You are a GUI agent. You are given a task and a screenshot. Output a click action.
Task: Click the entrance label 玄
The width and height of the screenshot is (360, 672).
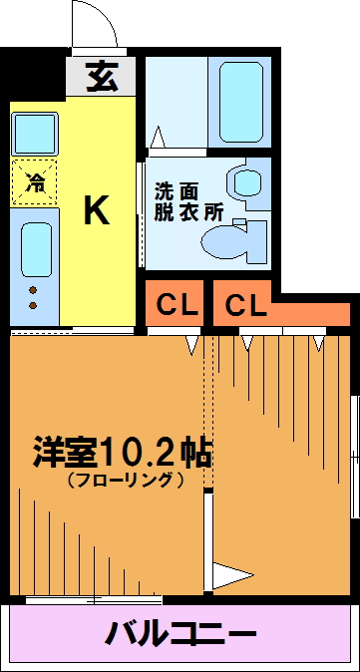[x=102, y=77]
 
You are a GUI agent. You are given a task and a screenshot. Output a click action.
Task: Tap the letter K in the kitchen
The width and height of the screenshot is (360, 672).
[x=97, y=209]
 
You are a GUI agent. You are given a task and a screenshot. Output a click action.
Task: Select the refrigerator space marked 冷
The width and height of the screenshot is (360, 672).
[x=34, y=182]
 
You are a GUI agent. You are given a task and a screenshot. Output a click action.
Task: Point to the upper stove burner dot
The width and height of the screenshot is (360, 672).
[x=33, y=290]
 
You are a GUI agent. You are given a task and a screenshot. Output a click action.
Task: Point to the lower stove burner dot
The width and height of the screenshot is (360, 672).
[x=33, y=305]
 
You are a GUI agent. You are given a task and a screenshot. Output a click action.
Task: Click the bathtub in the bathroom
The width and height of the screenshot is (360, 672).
[x=241, y=102]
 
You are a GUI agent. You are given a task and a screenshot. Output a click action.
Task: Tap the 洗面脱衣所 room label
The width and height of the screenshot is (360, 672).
[x=188, y=201]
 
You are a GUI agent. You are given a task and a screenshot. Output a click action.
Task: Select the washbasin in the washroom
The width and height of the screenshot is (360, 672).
[x=247, y=182]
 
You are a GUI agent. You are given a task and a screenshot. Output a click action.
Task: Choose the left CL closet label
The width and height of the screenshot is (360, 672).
[x=177, y=305]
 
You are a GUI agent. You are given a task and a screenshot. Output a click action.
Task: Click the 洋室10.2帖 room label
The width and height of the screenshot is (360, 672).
[x=123, y=453]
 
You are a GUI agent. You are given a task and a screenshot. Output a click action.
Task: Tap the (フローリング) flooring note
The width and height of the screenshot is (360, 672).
[x=125, y=480]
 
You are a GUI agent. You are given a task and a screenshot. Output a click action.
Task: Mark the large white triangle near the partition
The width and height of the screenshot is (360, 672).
[x=232, y=574]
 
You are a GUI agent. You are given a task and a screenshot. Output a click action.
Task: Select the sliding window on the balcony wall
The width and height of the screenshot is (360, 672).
[x=94, y=600]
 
